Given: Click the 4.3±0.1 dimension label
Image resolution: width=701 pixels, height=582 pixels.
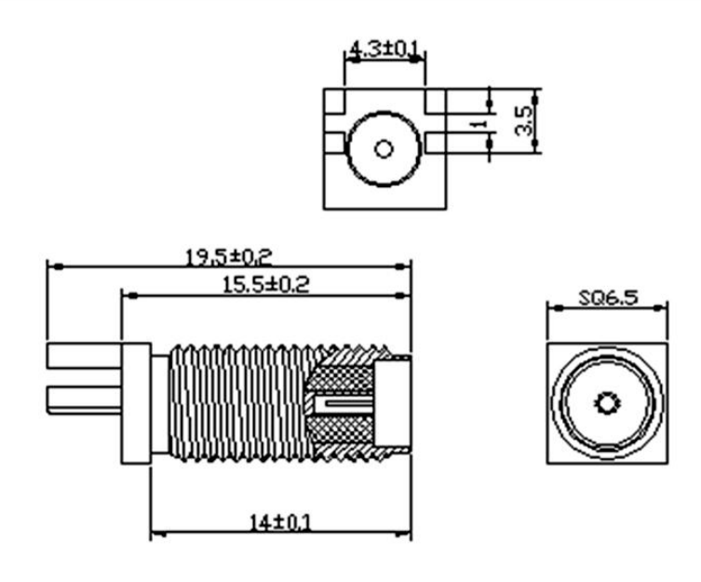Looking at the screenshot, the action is (x=384, y=48).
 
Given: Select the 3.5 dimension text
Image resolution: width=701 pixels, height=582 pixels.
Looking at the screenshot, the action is (x=524, y=120).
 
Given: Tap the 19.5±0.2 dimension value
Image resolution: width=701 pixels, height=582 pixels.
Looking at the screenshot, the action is (x=228, y=257).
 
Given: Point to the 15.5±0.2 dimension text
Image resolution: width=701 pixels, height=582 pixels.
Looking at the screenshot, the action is (x=265, y=285).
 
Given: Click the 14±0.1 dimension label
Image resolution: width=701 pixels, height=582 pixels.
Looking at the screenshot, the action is (x=279, y=521).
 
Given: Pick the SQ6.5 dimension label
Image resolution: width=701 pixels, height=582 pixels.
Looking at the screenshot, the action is (x=609, y=297).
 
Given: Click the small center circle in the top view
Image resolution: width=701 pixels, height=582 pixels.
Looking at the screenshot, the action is (x=384, y=149).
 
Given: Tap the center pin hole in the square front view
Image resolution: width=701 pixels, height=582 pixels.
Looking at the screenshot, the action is (x=607, y=403).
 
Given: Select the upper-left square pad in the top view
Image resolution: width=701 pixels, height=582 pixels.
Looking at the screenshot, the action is (x=334, y=101).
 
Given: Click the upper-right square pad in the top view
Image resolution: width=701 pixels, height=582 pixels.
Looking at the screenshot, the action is (x=435, y=101).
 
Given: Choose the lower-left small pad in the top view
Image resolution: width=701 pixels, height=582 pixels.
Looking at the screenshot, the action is (x=333, y=143).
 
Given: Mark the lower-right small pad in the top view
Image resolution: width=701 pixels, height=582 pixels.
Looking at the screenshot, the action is (x=436, y=143).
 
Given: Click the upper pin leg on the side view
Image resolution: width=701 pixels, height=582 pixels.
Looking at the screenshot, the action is (x=84, y=356).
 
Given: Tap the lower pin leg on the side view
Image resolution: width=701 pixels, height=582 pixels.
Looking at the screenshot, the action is (x=84, y=399).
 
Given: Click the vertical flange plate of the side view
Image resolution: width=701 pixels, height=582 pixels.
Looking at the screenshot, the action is (x=136, y=403).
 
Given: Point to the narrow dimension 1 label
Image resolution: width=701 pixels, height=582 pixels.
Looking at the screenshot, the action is (x=479, y=123).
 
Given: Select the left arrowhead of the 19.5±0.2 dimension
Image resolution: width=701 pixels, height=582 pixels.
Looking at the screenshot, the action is (x=58, y=266).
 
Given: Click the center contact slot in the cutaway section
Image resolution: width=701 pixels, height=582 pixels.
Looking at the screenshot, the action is (x=344, y=404).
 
